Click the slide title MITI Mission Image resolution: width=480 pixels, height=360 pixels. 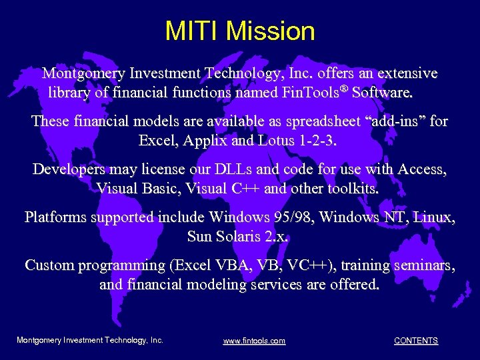pos(240,31)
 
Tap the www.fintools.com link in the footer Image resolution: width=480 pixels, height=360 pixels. pos(254,341)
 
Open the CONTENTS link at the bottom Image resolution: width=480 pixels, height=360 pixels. pos(415,341)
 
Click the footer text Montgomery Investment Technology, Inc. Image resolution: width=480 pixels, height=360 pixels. pos(89,340)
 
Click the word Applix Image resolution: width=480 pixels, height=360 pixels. pos(199,141)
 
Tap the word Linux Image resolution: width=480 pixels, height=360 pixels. pos(434,217)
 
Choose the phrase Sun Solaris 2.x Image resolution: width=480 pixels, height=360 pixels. pos(239,236)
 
